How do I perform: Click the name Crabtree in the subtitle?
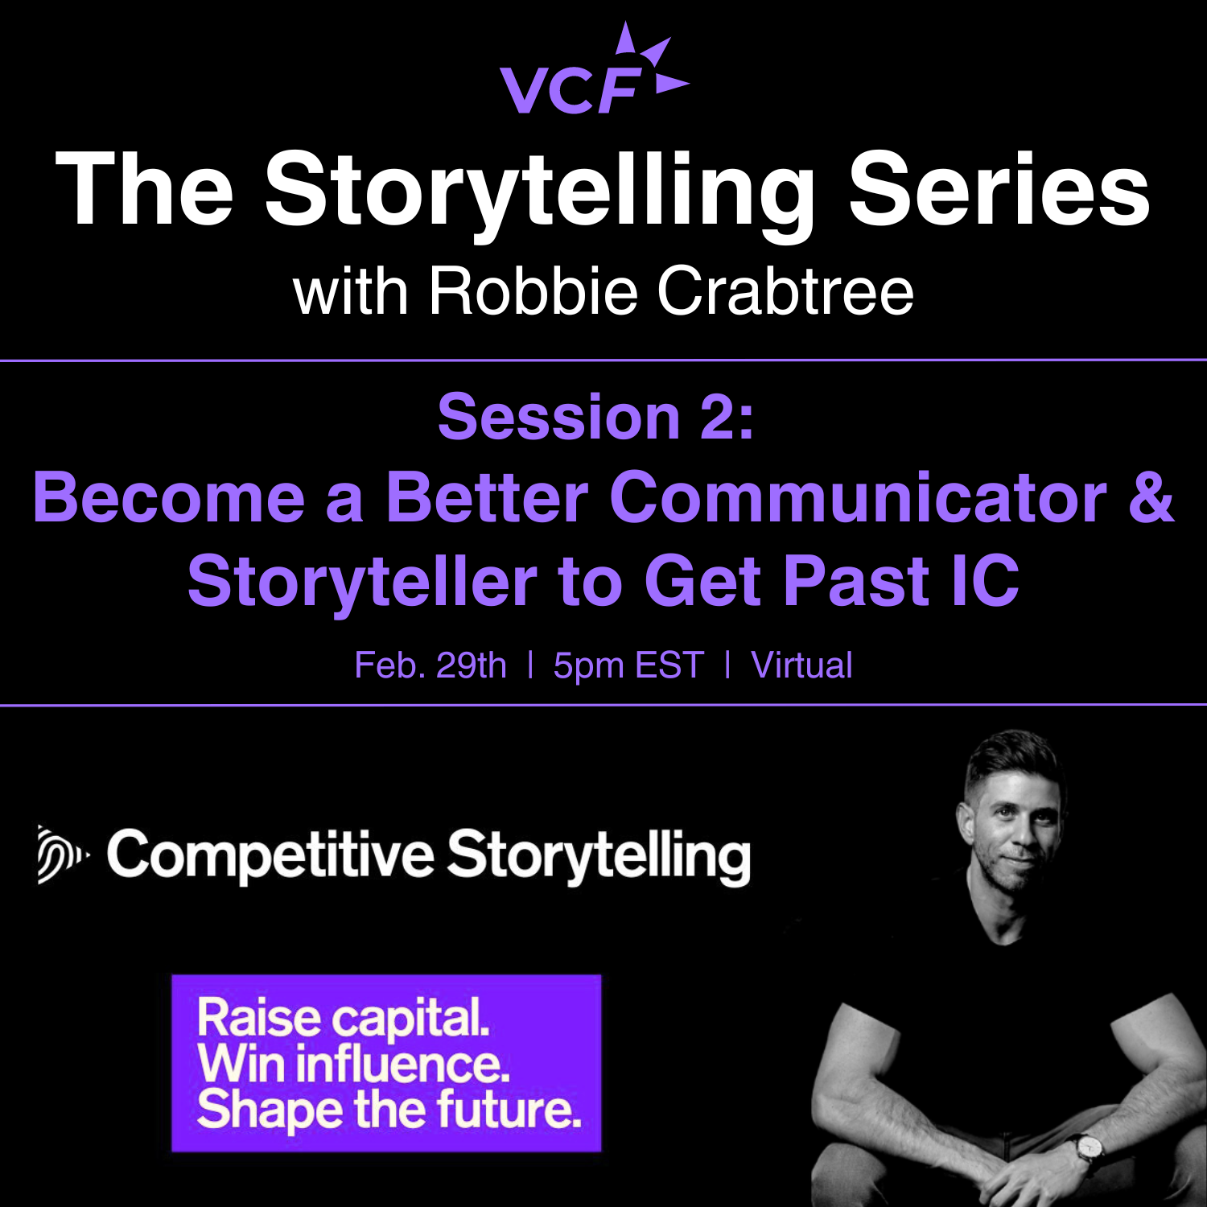tap(785, 290)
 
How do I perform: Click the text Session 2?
tap(596, 417)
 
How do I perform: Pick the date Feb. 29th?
tap(430, 665)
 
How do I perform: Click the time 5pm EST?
tap(628, 666)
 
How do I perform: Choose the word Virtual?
tap(801, 665)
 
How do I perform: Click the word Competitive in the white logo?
tap(270, 856)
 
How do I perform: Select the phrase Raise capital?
tap(344, 1020)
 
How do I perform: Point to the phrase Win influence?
tap(354, 1064)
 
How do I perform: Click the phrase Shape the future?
tap(389, 1110)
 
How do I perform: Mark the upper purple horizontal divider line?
tap(603, 360)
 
